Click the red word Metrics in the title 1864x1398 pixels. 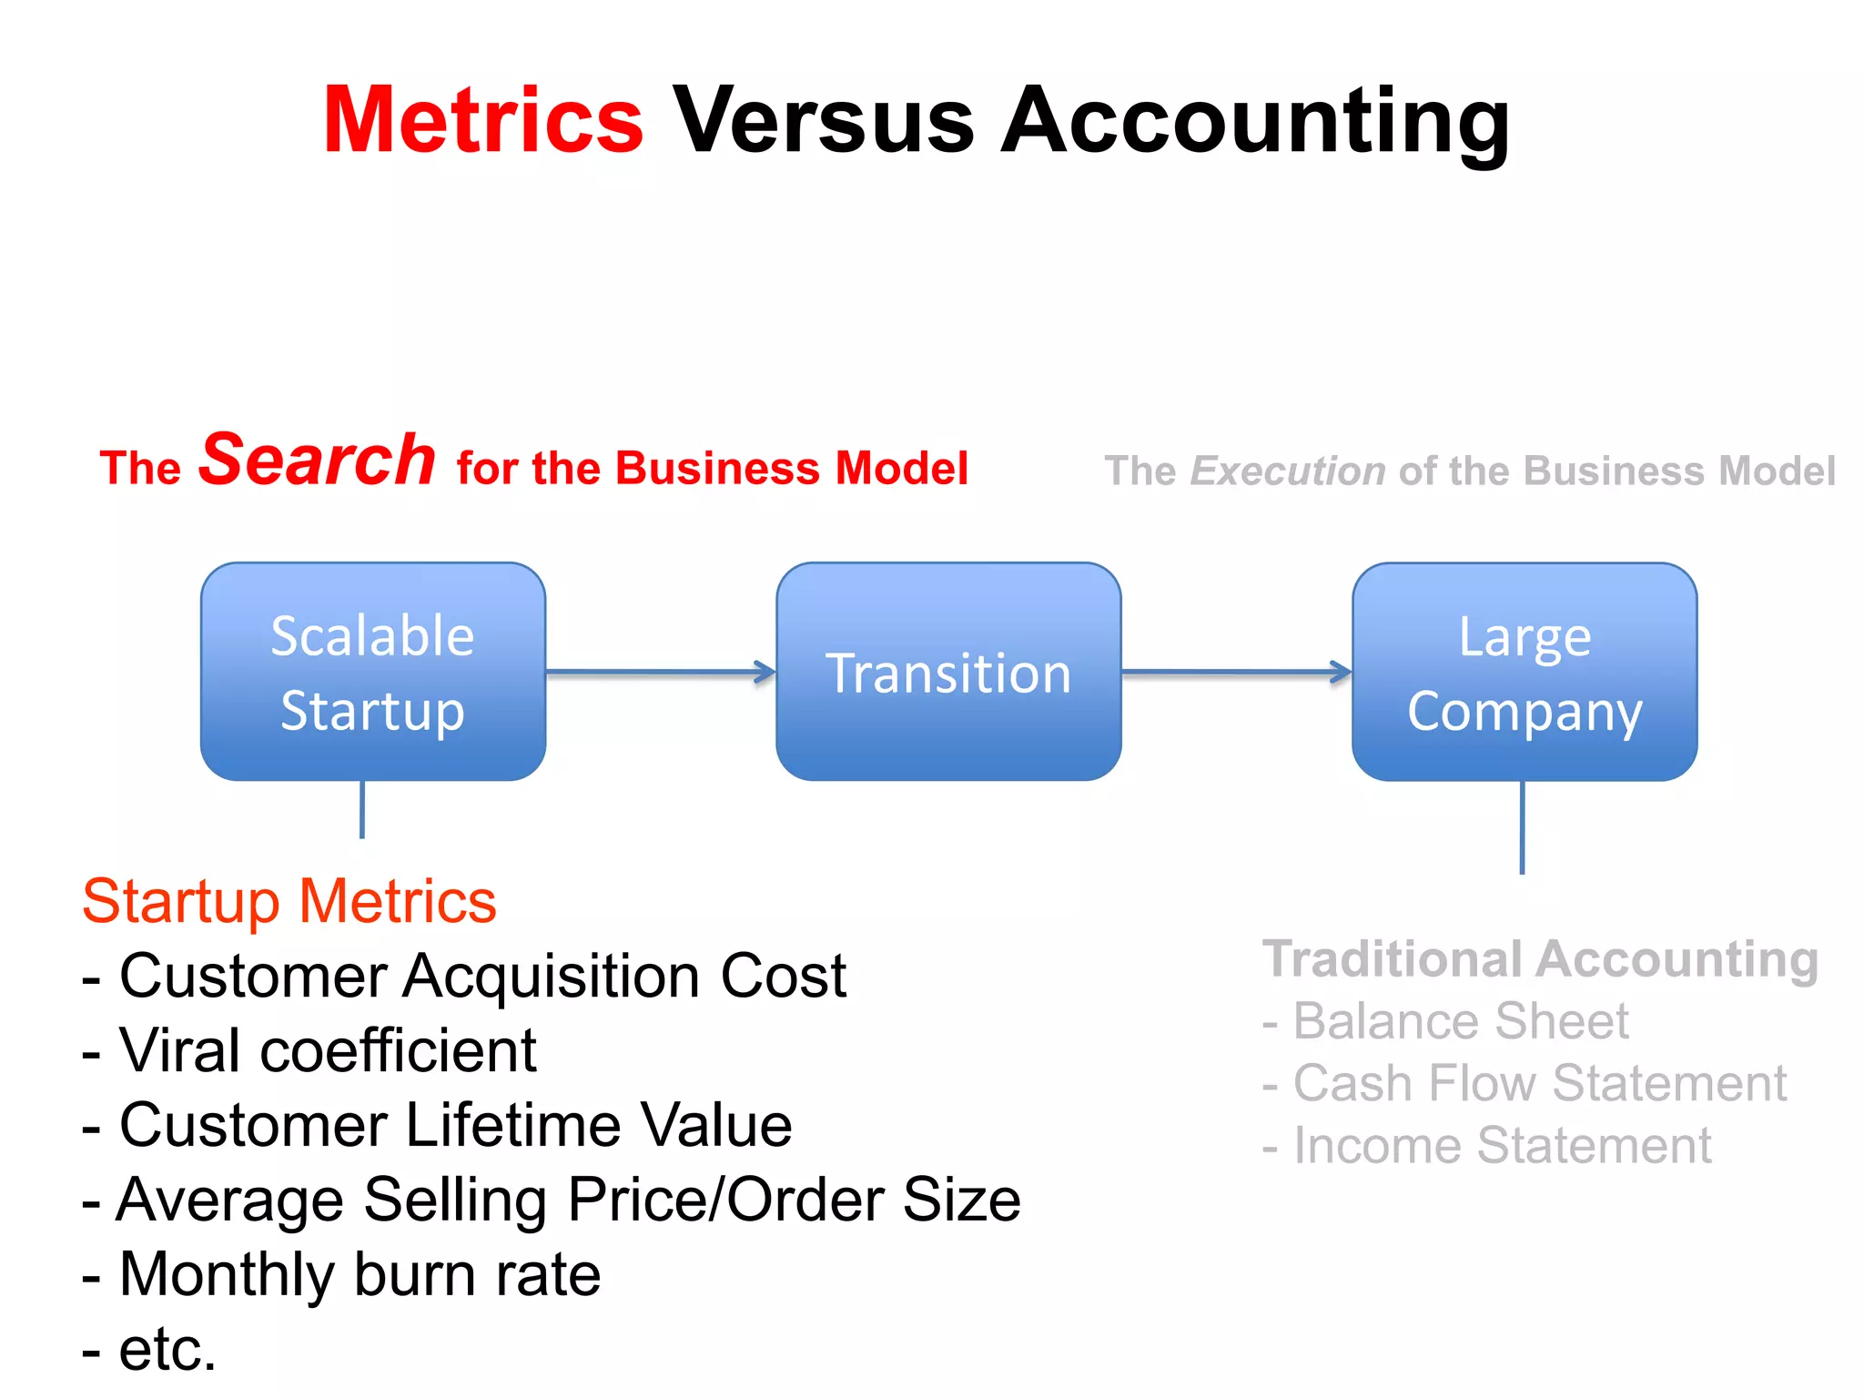pyautogui.click(x=482, y=120)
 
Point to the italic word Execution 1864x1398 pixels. pyautogui.click(x=1287, y=471)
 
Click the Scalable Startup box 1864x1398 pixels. pyautogui.click(x=373, y=672)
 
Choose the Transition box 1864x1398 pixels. pyautogui.click(x=948, y=672)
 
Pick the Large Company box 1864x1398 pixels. pyautogui.click(x=1525, y=672)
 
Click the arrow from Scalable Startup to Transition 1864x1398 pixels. pyautogui.click(x=661, y=673)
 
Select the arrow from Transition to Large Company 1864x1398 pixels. pyautogui.click(x=1236, y=673)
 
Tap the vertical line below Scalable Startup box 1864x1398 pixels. pyautogui.click(x=362, y=809)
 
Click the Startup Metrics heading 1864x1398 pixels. pyautogui.click(x=289, y=901)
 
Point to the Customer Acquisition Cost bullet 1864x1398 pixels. pyautogui.click(x=464, y=976)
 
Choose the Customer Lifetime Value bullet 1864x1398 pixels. pyautogui.click(x=437, y=1125)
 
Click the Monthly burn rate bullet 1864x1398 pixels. pyautogui.click(x=341, y=1274)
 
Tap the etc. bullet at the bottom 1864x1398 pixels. pyautogui.click(x=150, y=1349)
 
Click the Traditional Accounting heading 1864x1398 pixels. pyautogui.click(x=1540, y=959)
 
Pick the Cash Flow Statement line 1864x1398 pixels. pyautogui.click(x=1525, y=1083)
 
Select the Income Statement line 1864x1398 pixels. pyautogui.click(x=1487, y=1145)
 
